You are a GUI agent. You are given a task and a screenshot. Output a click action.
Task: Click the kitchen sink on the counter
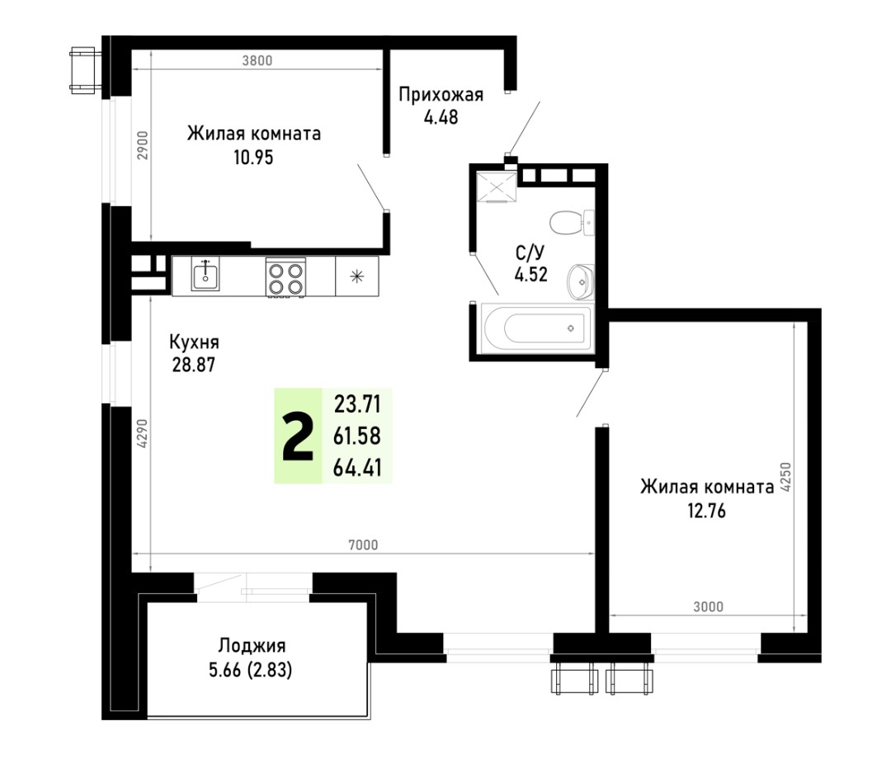point(205,275)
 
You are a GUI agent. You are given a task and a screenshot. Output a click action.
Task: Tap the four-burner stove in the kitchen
point(285,277)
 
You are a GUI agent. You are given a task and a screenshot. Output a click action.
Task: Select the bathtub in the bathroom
point(536,328)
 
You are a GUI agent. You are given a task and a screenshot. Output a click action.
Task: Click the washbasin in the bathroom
point(580,281)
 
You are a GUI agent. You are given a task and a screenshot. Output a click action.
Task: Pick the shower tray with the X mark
point(497,186)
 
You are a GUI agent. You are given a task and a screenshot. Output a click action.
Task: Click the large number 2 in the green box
point(298,436)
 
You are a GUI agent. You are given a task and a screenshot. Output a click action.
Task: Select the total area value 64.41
point(357,468)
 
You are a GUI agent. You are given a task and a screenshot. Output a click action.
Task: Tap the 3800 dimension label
point(257,60)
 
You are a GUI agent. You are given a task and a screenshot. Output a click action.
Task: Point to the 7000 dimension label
point(363,544)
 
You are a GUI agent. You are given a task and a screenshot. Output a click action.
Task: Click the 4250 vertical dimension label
point(786,477)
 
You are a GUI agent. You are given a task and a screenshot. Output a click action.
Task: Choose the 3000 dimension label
point(708,606)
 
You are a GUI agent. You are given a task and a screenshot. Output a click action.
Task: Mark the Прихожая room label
point(441,94)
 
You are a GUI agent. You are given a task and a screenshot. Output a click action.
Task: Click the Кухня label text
point(194,342)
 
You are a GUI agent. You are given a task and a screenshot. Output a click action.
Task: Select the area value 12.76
point(706,511)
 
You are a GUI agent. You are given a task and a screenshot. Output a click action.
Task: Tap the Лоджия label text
point(252,646)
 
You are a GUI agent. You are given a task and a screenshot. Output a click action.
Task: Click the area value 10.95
point(253,156)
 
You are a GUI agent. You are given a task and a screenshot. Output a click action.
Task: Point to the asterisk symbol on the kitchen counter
point(357,276)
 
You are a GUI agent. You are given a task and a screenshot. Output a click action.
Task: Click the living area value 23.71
point(357,404)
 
